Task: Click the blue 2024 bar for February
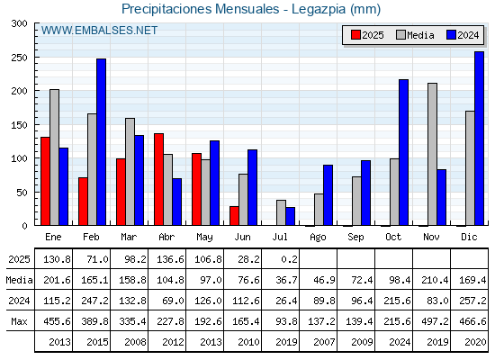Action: coord(101,142)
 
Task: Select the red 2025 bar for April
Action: coord(158,179)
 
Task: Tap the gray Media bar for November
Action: coord(432,154)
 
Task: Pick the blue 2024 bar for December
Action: coord(479,139)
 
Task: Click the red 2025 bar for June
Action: coord(234,216)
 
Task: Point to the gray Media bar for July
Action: coord(281,212)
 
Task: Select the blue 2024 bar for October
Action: coord(404,152)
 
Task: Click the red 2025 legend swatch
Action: coord(355,35)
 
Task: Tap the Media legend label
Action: coord(420,35)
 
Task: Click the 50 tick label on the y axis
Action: coord(22,193)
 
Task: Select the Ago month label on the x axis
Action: coord(318,238)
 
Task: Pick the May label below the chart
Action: coord(204,238)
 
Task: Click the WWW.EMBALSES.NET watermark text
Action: coord(99,31)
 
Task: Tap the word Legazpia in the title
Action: coord(319,9)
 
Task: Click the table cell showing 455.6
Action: coord(58,321)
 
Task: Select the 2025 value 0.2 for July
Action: coord(289,259)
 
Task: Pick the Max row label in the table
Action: coord(19,321)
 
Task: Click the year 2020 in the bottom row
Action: coord(475,342)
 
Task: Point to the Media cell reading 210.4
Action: coord(435,280)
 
